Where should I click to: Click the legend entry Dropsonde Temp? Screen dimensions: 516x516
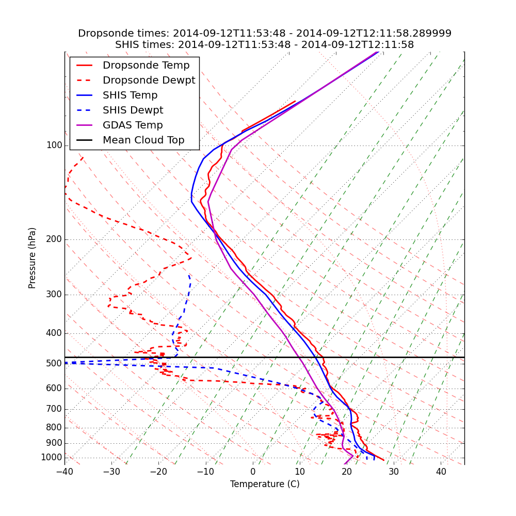tap(146, 66)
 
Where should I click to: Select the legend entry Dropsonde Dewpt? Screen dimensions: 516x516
tap(149, 80)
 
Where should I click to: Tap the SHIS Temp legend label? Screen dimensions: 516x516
tap(130, 95)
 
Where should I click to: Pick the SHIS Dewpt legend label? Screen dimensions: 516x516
tap(133, 110)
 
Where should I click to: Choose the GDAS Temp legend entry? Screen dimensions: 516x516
tap(133, 125)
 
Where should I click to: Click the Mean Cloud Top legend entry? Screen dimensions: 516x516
tap(143, 140)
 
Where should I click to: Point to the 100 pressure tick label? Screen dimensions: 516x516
tap(54, 146)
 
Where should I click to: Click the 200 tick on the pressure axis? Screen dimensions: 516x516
tap(54, 239)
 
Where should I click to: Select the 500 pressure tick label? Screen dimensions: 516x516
tap(54, 364)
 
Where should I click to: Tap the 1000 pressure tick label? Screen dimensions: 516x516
tap(51, 458)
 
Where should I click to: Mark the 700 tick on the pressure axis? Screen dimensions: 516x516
tap(54, 409)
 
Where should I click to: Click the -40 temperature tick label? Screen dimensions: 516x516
tap(64, 472)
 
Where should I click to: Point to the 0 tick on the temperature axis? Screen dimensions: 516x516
tap(253, 472)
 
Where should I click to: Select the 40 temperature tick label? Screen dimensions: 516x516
tap(441, 472)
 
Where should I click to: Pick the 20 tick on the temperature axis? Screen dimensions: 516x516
tap(347, 472)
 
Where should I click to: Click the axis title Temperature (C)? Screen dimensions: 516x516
tap(265, 484)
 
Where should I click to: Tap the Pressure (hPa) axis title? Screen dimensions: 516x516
tap(33, 258)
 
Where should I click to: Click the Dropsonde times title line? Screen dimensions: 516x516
tap(265, 34)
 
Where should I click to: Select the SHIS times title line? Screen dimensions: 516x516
tap(265, 45)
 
